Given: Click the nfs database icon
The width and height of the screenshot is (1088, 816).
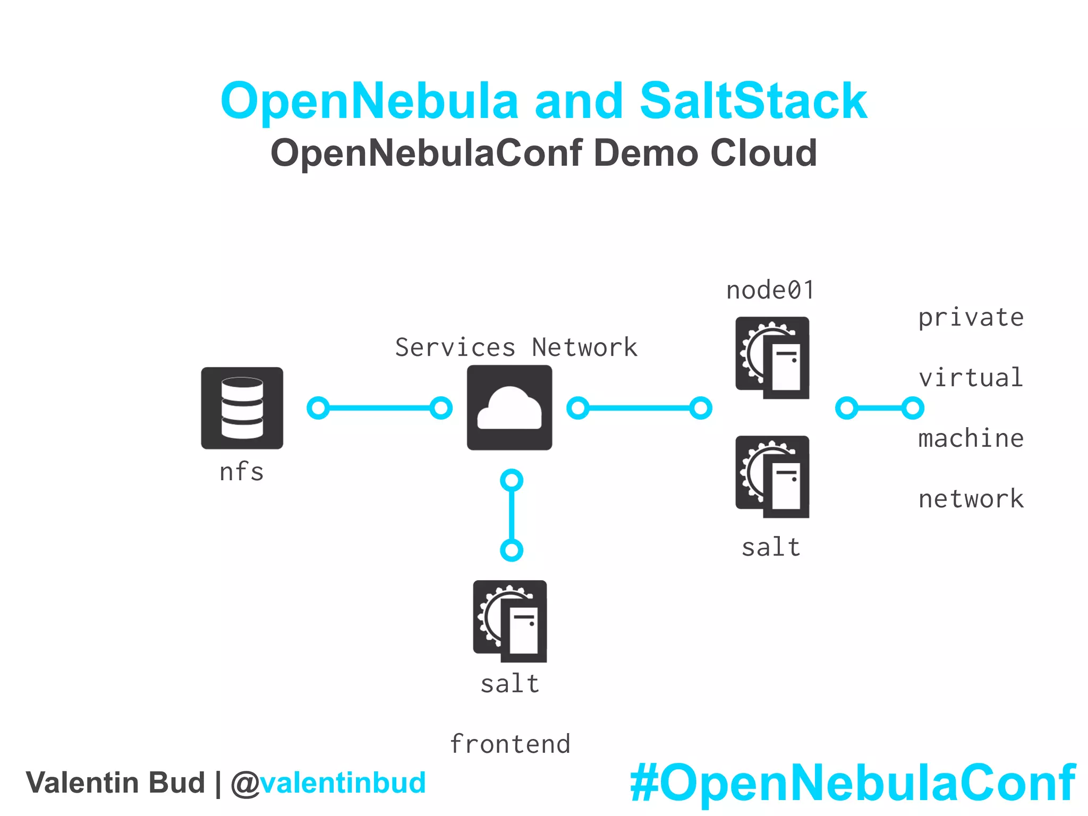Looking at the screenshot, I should coord(242,408).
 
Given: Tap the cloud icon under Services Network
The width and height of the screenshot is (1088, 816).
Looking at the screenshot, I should coord(509,407).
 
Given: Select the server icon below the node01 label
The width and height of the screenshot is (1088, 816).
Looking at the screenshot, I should coord(772,358).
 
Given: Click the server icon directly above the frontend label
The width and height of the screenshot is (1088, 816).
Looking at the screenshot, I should coord(510,621).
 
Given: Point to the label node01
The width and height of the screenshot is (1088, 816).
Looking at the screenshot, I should coord(770,291).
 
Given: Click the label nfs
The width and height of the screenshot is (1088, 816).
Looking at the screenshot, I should coord(242,472).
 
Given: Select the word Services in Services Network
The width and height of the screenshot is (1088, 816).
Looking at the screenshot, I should coord(455,347).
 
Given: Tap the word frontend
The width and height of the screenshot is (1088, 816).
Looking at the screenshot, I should coord(510,744).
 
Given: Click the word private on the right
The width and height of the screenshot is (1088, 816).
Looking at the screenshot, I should coord(971,318).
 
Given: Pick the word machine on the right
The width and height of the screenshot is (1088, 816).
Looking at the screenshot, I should coord(971,439).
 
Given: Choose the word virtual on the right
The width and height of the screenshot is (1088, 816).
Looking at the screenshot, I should coord(971,378).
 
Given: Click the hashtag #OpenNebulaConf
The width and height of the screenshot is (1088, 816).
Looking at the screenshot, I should coord(852,783).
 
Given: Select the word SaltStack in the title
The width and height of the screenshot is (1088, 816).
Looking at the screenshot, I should coord(753,101).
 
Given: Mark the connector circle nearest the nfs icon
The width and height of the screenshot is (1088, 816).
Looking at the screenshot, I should coord(318,408).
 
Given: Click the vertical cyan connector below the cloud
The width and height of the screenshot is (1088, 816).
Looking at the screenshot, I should coord(512,515).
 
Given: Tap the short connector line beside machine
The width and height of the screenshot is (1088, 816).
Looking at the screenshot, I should coord(880,408).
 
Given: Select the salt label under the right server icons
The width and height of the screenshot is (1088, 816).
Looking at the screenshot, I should coord(771,547).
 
